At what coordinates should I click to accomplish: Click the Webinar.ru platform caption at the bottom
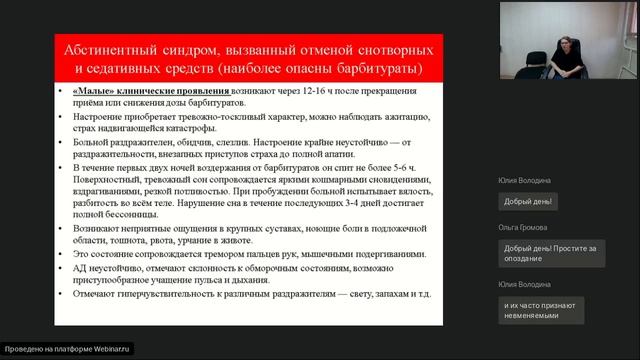[x=68, y=350]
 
